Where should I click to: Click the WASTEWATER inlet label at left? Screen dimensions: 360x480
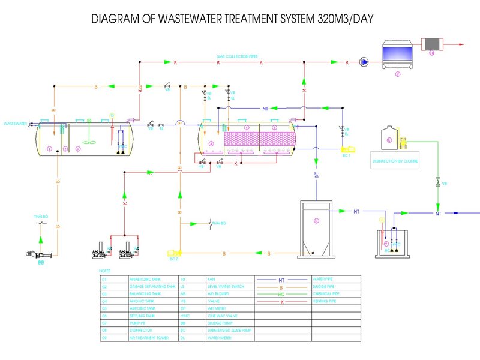pyautogui.click(x=15, y=124)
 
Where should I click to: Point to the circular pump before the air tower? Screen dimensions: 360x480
pyautogui.click(x=364, y=61)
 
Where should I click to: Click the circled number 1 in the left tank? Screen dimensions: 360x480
pyautogui.click(x=49, y=148)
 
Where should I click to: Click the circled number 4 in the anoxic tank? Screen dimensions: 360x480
pyautogui.click(x=211, y=144)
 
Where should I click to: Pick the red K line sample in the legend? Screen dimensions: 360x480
pyautogui.click(x=281, y=302)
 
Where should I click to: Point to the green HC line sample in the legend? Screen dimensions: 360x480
pyautogui.click(x=281, y=294)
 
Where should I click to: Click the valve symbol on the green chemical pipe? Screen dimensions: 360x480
pyautogui.click(x=438, y=182)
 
